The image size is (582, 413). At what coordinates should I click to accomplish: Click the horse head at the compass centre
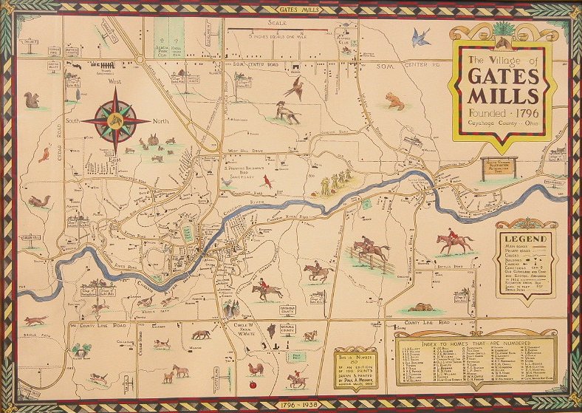[x=115, y=120]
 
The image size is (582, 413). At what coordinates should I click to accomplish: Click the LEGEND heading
[x=525, y=239]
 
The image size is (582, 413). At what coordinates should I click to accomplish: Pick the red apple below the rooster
[x=253, y=385]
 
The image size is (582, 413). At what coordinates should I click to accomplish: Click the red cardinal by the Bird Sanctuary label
[x=268, y=180]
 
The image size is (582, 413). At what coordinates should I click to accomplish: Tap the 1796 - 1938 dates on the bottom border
[x=291, y=406]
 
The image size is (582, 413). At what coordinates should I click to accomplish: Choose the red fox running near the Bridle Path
[x=35, y=320]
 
